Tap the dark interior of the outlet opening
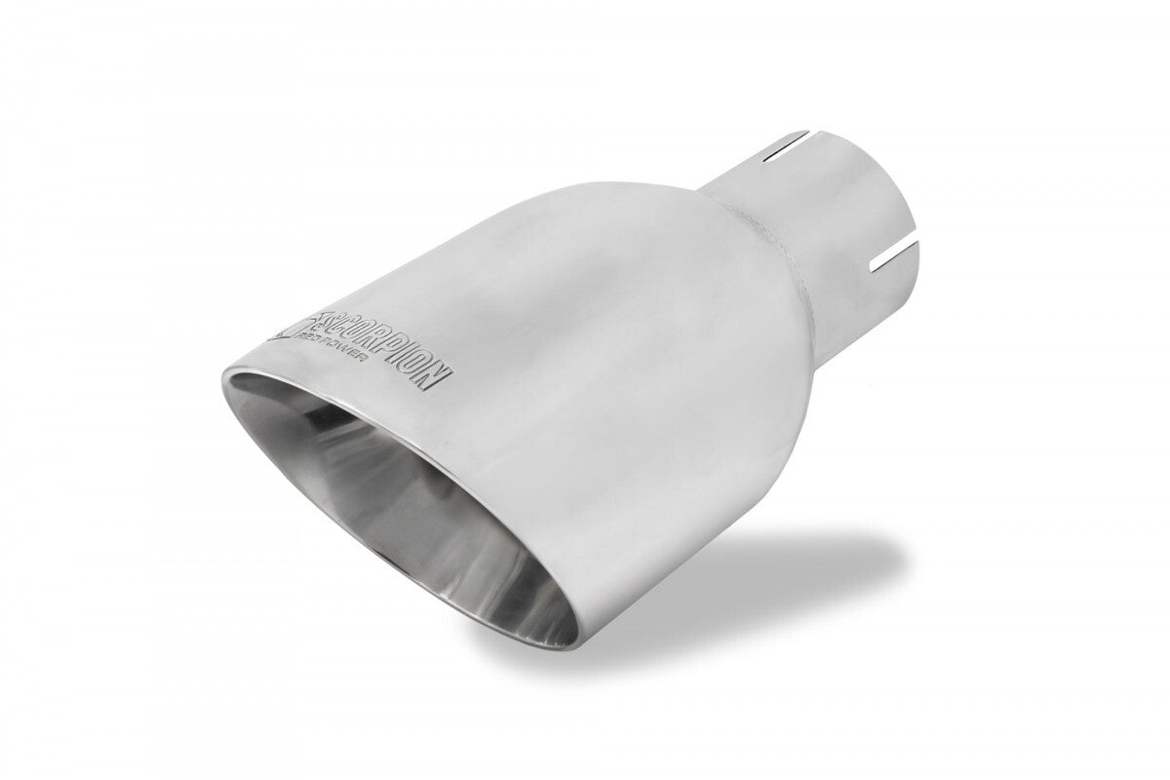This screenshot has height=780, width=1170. [390, 458]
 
